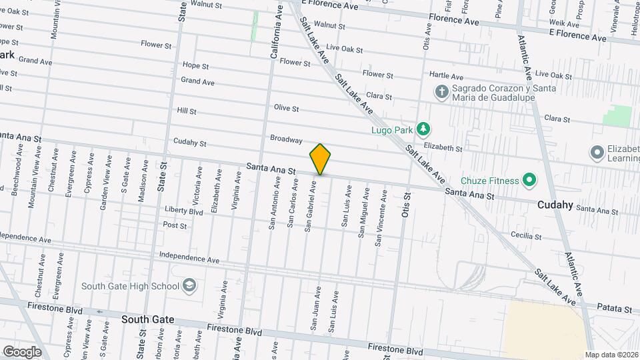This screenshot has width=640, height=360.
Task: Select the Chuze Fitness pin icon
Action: click(529, 179)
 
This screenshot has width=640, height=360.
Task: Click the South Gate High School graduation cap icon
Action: click(189, 286)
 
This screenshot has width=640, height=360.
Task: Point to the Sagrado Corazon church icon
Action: click(441, 91)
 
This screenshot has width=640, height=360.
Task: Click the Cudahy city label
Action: click(555, 205)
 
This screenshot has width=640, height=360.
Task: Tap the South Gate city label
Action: click(148, 319)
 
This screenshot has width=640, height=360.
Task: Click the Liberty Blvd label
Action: click(183, 211)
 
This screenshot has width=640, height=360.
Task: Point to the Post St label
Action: click(175, 225)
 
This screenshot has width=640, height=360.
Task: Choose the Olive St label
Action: click(286, 108)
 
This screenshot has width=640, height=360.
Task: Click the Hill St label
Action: click(187, 111)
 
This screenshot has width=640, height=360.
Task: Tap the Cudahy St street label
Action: click(190, 142)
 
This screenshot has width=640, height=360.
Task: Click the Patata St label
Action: click(615, 309)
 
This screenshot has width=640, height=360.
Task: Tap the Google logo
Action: click(22, 352)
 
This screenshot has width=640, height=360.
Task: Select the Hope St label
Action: click(195, 66)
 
